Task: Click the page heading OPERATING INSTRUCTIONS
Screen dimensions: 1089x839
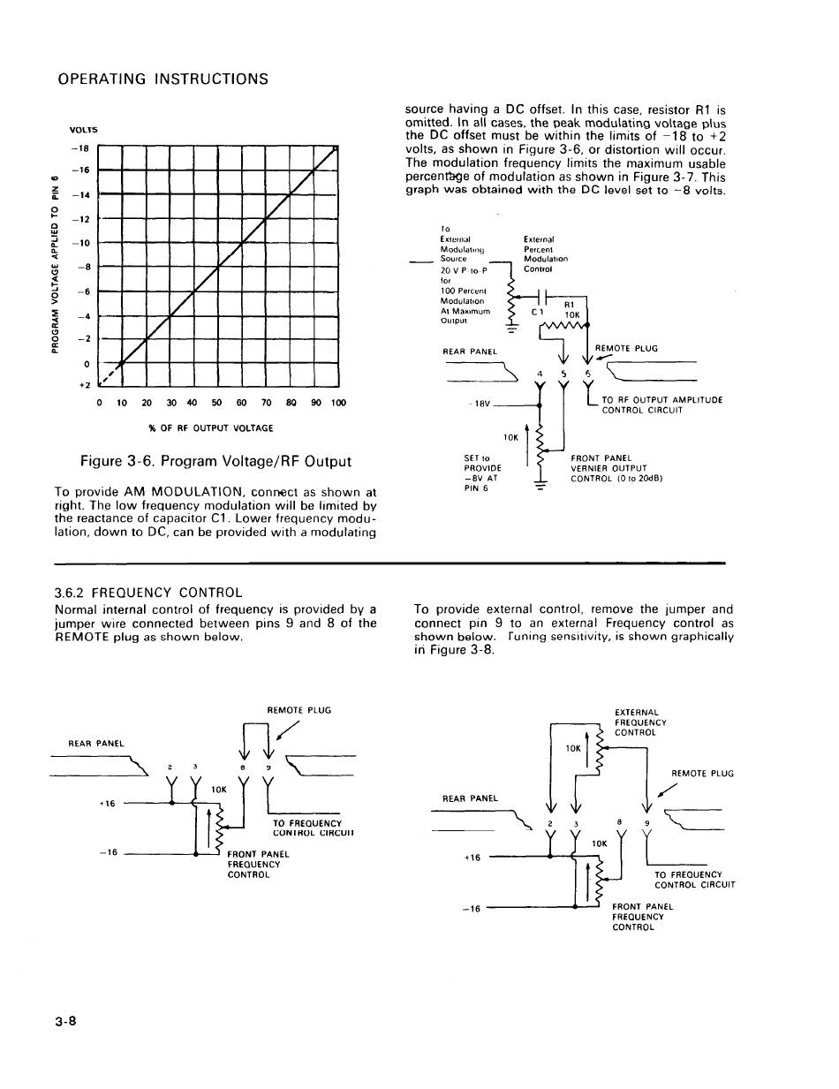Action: coord(163,79)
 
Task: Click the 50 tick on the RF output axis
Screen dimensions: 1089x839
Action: coord(216,404)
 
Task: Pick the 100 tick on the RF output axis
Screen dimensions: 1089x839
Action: coord(337,404)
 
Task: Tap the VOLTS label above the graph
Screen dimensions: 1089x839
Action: coord(85,130)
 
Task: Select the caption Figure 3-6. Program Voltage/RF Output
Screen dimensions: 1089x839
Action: coord(215,461)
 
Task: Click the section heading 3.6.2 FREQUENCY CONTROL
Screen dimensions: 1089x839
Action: coord(147,592)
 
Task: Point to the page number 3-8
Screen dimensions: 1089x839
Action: coord(66,1022)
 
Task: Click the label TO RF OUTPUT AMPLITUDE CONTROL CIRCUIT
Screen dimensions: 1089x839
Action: coord(661,405)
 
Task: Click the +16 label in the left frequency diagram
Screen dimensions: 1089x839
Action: coord(107,804)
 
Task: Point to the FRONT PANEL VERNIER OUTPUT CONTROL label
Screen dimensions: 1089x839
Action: coord(616,468)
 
